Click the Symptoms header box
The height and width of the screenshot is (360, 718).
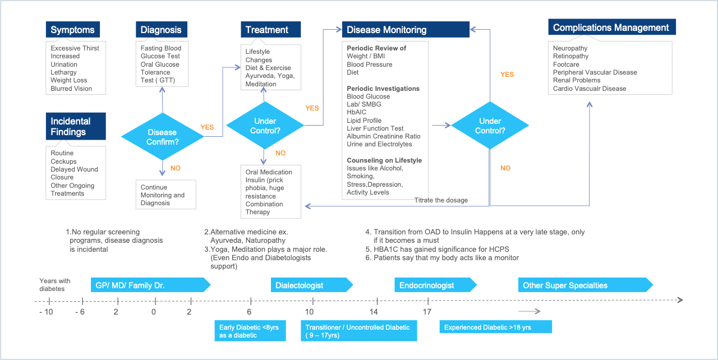tap(73, 30)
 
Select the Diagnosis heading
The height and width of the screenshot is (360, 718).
tap(162, 30)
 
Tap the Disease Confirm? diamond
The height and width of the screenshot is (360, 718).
tap(163, 137)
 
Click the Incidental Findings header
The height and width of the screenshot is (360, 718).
tap(76, 126)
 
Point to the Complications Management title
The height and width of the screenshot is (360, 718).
tap(612, 27)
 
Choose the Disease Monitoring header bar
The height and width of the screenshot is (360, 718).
tap(406, 30)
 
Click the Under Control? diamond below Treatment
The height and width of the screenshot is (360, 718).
tap(265, 126)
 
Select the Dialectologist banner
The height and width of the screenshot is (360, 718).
tap(312, 285)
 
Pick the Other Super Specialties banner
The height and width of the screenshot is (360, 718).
tap(586, 285)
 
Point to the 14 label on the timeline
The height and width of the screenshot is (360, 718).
tap(374, 312)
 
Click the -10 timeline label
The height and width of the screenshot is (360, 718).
tap(46, 312)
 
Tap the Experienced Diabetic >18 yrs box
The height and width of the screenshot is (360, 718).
tap(495, 327)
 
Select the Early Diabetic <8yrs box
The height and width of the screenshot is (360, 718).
tap(250, 331)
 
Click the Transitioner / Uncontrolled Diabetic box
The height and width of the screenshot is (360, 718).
tap(359, 331)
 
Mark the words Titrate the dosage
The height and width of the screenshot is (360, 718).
tap(441, 200)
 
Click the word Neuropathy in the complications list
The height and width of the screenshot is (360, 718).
tap(570, 48)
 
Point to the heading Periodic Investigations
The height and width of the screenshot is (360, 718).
tap(383, 89)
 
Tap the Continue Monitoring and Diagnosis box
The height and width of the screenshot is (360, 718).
tap(165, 195)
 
